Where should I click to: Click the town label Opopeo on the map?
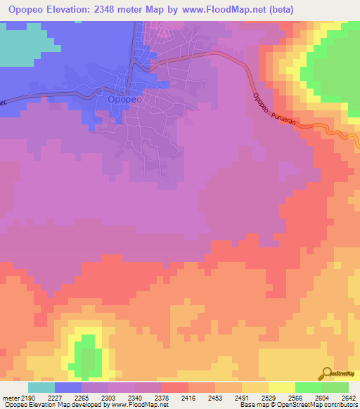pos(125,100)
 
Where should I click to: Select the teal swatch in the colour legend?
pos(41,387)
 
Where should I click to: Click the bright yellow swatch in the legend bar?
pos(282,387)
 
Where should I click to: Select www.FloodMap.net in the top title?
pos(220,10)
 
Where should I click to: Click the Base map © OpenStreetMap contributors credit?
pos(297,405)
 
